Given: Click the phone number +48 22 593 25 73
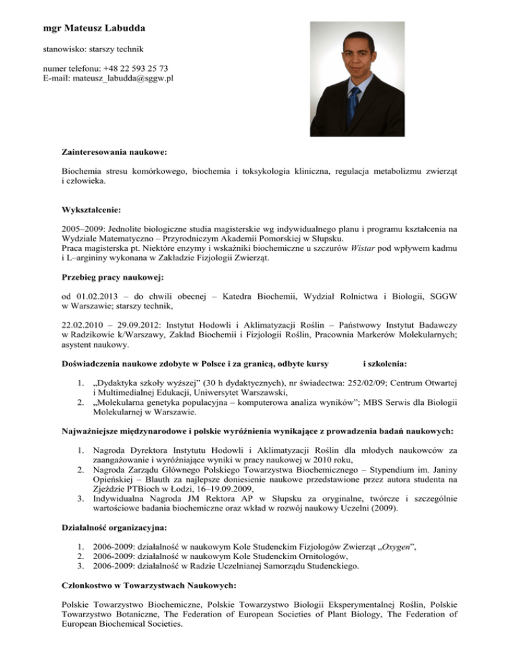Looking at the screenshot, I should point(134,68).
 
